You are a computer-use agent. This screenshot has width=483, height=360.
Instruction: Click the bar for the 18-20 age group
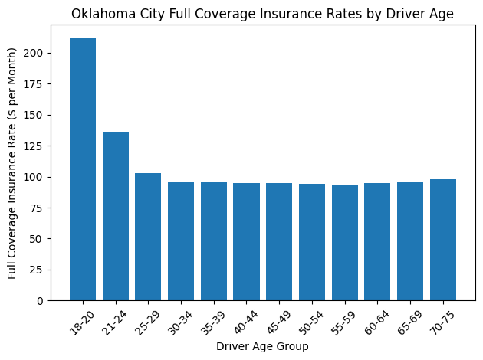click(83, 169)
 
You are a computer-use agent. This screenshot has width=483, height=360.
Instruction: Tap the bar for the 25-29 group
click(148, 237)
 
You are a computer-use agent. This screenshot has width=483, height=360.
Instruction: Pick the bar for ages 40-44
click(246, 241)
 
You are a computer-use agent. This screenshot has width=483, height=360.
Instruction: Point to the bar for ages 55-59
click(344, 243)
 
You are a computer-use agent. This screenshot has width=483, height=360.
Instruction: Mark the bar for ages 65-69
click(410, 241)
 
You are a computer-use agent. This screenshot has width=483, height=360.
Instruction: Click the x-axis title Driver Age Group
click(262, 347)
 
